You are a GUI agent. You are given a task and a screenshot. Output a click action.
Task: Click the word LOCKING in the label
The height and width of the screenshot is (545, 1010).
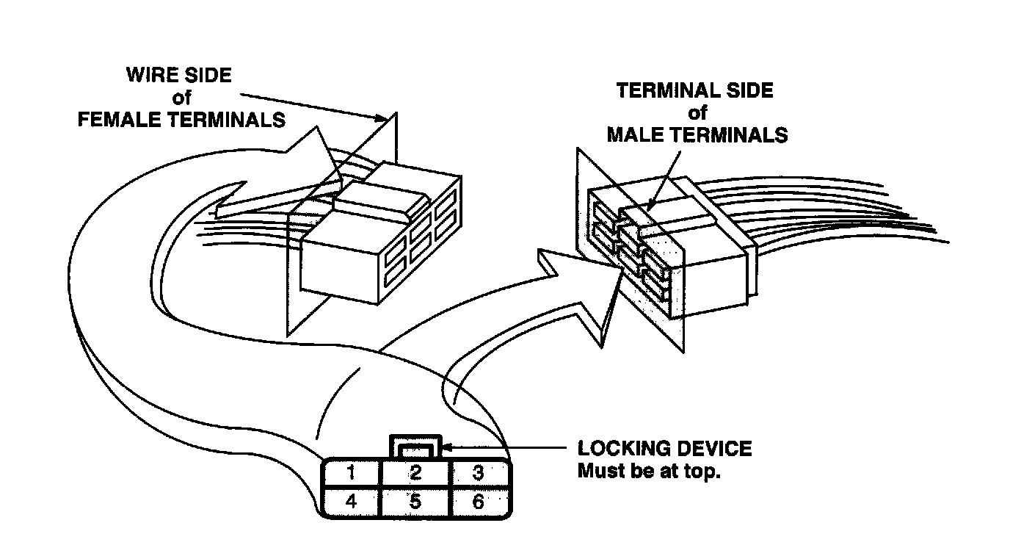[x=617, y=449]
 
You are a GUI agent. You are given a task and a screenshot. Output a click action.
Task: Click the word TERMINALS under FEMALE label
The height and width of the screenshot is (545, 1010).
[x=231, y=120]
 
